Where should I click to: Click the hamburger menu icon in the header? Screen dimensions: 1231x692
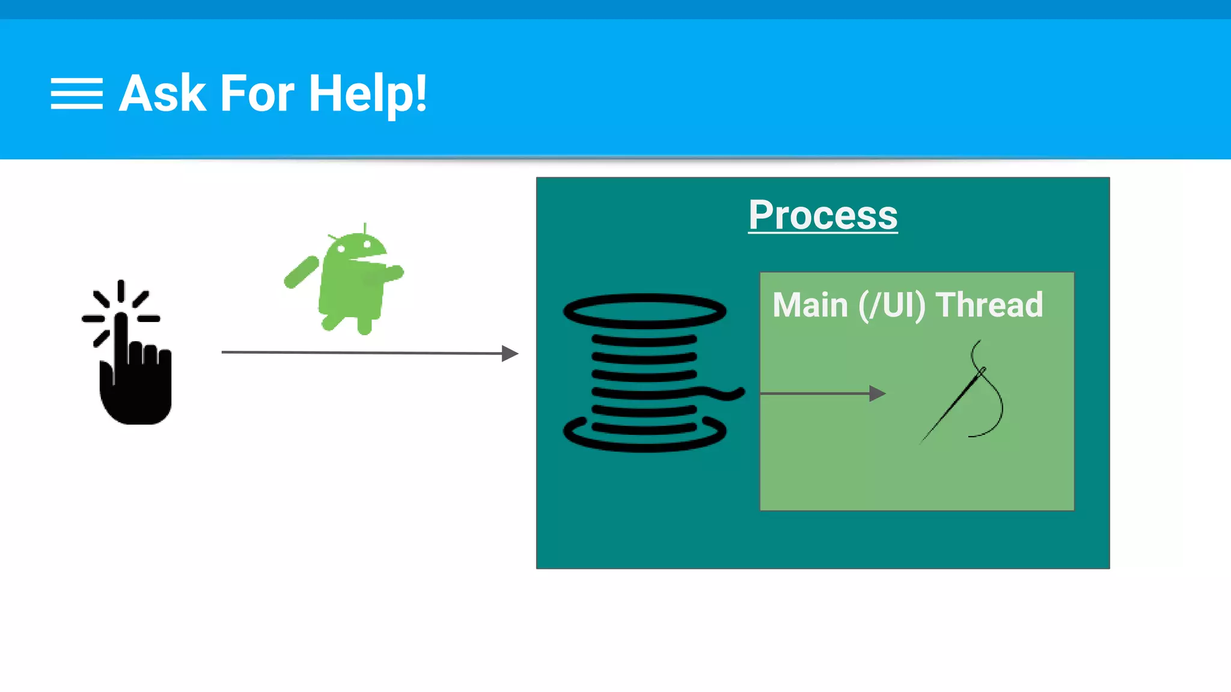coord(76,94)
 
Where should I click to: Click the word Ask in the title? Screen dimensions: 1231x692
coord(162,94)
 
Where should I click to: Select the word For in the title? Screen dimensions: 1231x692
coord(257,94)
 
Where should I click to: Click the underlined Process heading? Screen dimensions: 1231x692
coord(823,215)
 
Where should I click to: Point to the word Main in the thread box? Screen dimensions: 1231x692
coord(810,305)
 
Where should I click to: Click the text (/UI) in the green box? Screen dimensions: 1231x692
coord(891,305)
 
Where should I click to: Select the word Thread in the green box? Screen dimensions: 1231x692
coord(989,305)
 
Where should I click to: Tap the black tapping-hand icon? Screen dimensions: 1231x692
coord(133,372)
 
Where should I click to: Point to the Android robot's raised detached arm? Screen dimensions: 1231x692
coord(301,272)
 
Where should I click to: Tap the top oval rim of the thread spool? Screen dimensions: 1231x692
coord(644,311)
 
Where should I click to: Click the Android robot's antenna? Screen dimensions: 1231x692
coord(365,228)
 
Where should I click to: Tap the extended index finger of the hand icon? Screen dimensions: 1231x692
coord(121,336)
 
